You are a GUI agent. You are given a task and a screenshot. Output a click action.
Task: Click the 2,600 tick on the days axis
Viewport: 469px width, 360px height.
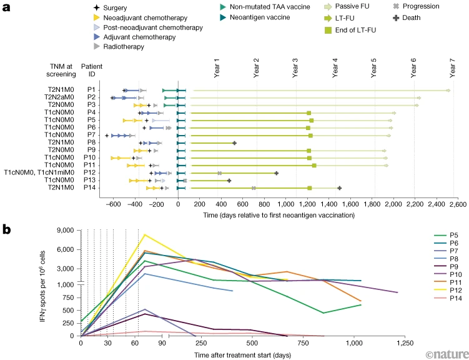[457, 204]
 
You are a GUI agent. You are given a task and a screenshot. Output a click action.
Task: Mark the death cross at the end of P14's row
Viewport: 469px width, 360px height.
[340, 187]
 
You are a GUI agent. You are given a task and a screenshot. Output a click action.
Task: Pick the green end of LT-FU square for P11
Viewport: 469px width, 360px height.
[314, 166]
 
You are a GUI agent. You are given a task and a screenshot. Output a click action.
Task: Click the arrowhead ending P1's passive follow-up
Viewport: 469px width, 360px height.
[448, 91]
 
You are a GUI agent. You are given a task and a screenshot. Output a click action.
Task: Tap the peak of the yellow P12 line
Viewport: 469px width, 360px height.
[145, 234]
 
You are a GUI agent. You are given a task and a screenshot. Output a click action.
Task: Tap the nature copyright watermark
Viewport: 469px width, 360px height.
[445, 354]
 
